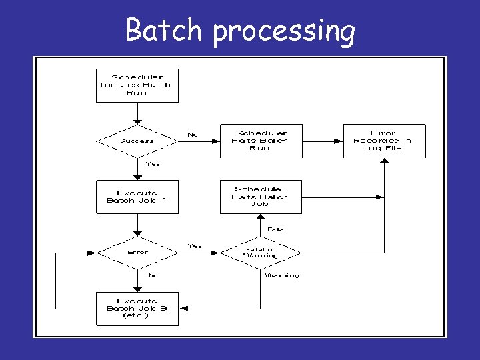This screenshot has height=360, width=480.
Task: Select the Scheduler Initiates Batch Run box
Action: pyautogui.click(x=137, y=85)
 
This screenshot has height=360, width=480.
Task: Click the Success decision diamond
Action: pyautogui.click(x=137, y=141)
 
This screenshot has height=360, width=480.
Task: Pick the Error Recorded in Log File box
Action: pyautogui.click(x=384, y=141)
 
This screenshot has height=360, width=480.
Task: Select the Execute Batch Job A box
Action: pyautogui.click(x=137, y=197)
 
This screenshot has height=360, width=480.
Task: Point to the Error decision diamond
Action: pyautogui.click(x=137, y=253)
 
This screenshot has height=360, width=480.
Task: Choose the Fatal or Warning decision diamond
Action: pyautogui.click(x=260, y=253)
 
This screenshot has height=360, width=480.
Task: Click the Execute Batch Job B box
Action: pyautogui.click(x=137, y=308)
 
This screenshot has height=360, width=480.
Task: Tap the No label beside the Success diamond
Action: pyautogui.click(x=193, y=134)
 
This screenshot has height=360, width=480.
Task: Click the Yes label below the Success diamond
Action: pyautogui.click(x=153, y=164)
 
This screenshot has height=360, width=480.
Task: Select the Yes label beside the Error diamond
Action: pyautogui.click(x=195, y=246)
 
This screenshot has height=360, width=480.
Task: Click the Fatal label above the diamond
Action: pyautogui.click(x=277, y=229)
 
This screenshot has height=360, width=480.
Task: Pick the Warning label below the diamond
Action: pyautogui.click(x=282, y=275)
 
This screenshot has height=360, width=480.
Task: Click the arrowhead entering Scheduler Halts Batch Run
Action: pyautogui.click(x=217, y=141)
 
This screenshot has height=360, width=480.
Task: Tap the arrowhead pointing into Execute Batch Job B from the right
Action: pyautogui.click(x=183, y=308)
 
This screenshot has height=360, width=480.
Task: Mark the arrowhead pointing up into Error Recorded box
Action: pyautogui.click(x=384, y=161)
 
